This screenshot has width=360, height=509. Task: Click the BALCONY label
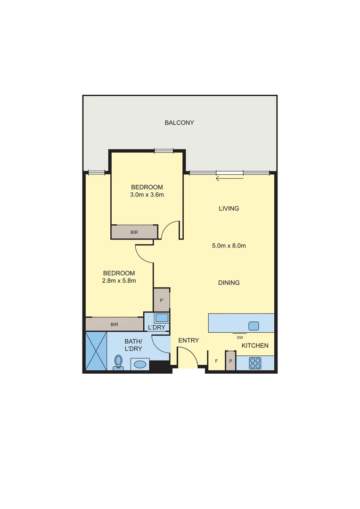click(179, 123)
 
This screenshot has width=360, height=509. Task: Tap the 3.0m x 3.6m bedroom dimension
click(147, 194)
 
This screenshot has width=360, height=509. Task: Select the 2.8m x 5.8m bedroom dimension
click(119, 281)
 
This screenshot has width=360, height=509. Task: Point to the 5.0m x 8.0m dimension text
click(229, 246)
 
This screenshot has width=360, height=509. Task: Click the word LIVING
click(229, 208)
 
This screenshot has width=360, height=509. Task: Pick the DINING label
click(229, 283)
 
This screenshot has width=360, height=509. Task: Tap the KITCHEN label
click(255, 345)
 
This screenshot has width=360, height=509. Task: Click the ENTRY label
click(188, 340)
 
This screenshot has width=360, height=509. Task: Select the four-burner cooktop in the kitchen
click(255, 363)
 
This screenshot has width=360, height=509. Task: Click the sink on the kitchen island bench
click(254, 325)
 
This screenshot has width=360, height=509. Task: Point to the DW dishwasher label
click(240, 337)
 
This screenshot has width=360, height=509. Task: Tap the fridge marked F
click(216, 361)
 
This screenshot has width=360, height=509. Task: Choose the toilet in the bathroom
click(118, 362)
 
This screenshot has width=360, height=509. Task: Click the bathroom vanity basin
click(139, 364)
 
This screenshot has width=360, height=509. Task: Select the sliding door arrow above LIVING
click(229, 178)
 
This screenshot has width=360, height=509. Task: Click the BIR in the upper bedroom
click(134, 232)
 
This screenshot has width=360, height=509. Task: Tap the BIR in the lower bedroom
click(114, 324)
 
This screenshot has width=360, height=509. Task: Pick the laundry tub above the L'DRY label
click(162, 318)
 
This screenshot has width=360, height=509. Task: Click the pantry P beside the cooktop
click(230, 361)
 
